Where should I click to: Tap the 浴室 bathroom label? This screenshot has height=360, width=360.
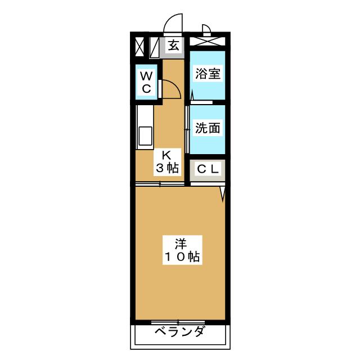click(207, 74)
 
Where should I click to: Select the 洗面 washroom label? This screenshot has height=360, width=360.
click(207, 128)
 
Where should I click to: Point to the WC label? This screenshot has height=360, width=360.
click(146, 82)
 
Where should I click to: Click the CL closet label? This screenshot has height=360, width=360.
click(208, 169)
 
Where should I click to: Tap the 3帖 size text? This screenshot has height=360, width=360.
click(167, 168)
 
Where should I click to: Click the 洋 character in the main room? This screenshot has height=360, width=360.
click(180, 244)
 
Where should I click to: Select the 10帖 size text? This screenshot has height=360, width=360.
click(180, 258)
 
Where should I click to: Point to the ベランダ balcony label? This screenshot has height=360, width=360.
click(179, 332)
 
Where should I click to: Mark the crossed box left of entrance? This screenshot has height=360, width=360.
click(139, 47)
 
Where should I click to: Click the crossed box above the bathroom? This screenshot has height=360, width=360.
click(207, 40)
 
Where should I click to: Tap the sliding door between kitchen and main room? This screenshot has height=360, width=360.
click(160, 184)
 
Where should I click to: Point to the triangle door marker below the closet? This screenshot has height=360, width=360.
click(223, 193)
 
